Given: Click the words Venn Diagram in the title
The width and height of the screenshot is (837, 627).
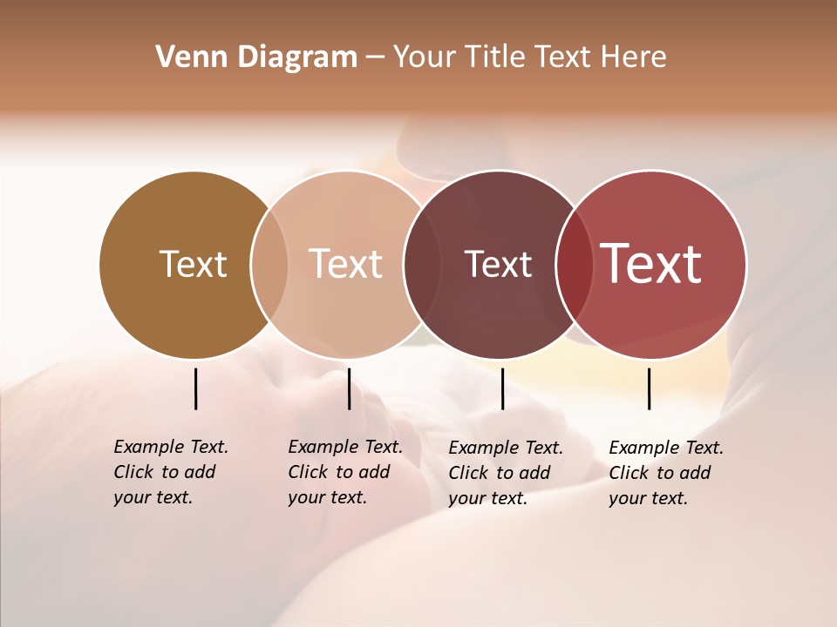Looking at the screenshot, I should [x=256, y=57].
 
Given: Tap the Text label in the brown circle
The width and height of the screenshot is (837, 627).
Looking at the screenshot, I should [x=193, y=264].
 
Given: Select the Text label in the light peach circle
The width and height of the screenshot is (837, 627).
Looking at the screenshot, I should [x=346, y=264].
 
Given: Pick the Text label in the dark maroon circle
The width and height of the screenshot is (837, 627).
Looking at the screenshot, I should [x=498, y=264].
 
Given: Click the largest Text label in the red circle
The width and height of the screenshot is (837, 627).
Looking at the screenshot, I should [x=651, y=263].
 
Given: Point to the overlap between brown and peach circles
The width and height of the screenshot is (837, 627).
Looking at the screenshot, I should [x=269, y=264].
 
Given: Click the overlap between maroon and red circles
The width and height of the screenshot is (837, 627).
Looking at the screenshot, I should [x=575, y=264].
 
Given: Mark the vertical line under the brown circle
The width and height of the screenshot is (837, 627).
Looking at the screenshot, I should [x=195, y=388].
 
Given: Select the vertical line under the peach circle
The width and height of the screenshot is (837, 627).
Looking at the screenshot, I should [x=349, y=388].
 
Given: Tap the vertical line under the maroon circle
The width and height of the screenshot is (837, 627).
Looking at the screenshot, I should [x=502, y=388].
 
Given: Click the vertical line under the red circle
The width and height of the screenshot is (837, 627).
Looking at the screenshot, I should [x=649, y=388].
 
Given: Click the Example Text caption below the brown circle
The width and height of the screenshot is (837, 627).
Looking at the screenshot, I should [x=171, y=447].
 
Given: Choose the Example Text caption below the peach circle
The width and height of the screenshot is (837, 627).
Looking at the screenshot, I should [x=345, y=447].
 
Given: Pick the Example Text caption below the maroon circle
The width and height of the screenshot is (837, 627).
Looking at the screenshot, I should [x=506, y=448].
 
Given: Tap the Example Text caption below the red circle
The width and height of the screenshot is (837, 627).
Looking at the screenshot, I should [x=666, y=448].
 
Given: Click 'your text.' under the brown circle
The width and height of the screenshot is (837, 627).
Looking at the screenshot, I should [x=153, y=497].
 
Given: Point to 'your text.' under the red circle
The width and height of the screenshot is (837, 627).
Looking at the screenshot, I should [x=648, y=498].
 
